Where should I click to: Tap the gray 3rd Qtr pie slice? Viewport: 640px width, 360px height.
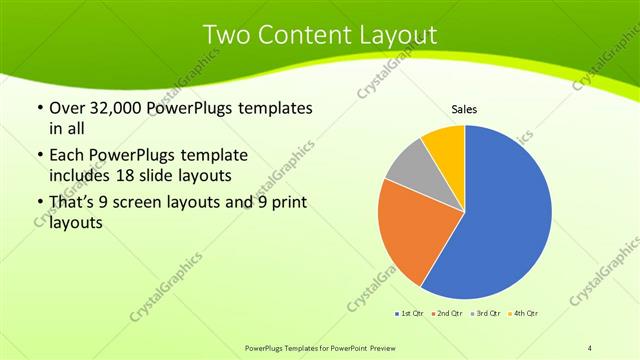pos(409,165)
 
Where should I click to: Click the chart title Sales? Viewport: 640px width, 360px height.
pos(464,108)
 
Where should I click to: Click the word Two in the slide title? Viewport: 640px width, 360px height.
pos(227,35)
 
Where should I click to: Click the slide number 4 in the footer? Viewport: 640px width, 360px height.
pos(590,347)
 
